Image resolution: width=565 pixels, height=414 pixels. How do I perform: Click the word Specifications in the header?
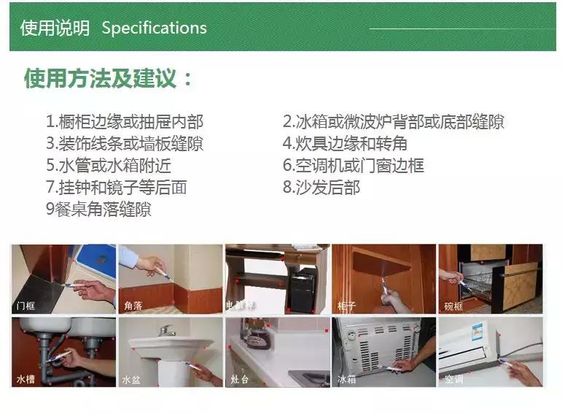click(x=154, y=28)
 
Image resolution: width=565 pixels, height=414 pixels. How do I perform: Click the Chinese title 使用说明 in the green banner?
click(x=55, y=28)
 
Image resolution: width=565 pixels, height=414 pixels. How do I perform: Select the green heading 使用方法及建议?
click(x=109, y=79)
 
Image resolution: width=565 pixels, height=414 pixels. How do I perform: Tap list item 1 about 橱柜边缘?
click(x=125, y=122)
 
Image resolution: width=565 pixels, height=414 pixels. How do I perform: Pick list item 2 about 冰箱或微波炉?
click(x=393, y=122)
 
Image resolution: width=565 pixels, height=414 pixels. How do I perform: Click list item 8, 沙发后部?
click(x=322, y=188)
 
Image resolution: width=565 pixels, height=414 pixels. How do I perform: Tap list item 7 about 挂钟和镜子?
click(x=116, y=188)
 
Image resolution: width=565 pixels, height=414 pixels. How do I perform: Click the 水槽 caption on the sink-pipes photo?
click(x=26, y=380)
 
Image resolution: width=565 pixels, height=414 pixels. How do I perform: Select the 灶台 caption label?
click(x=241, y=380)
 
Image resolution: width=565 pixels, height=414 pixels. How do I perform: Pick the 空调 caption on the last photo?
click(x=454, y=380)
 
